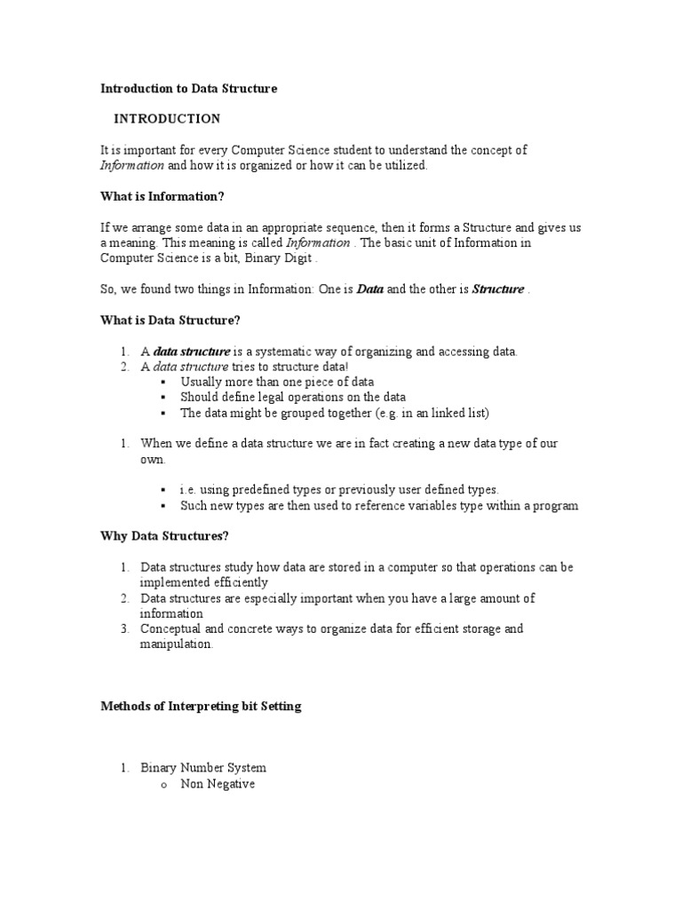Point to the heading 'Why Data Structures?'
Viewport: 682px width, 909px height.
tap(164, 537)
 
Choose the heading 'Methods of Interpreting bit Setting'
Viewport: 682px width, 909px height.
tap(201, 707)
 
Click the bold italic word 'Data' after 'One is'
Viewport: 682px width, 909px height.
tap(370, 289)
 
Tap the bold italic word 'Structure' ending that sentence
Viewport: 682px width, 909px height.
tap(498, 289)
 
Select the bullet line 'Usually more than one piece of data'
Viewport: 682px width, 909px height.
tap(276, 382)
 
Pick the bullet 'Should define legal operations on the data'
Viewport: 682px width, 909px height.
tap(293, 398)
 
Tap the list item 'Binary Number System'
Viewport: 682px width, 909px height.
tap(203, 768)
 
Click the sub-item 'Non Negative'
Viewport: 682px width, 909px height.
tap(218, 784)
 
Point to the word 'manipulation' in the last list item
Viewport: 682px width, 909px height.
tap(177, 645)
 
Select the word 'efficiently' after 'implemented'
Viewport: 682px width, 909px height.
tap(236, 583)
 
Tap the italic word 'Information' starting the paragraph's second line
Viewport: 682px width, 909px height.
tap(132, 166)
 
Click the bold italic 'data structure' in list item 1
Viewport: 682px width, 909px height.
tap(192, 352)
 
